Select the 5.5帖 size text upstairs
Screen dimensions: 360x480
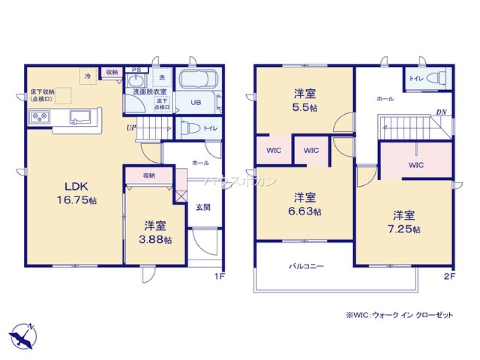[305, 108]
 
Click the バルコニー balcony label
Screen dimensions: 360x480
[306, 265]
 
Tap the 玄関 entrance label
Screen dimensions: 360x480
[202, 207]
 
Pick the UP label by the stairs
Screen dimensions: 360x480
[131, 128]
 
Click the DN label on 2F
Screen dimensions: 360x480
[441, 112]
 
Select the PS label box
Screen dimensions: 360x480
[136, 70]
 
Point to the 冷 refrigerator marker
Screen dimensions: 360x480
[88, 76]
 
